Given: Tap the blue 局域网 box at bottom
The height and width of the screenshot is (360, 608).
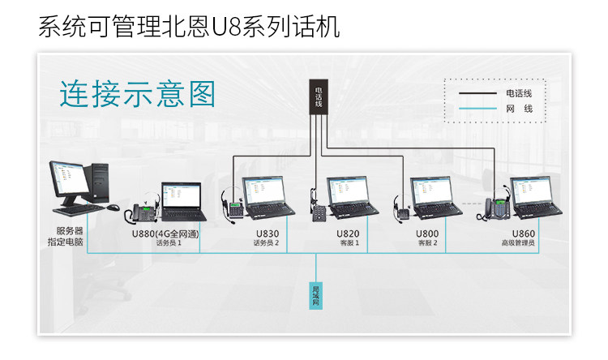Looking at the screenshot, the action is (315, 295).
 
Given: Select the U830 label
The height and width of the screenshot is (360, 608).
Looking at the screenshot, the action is (267, 234).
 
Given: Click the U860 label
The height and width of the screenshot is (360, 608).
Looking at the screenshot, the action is (523, 234).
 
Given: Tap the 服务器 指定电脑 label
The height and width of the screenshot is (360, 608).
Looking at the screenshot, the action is (71, 237).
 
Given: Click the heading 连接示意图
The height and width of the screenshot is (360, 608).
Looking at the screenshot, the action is (137, 94).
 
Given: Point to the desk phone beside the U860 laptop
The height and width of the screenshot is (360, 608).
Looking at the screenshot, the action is (497, 209).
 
